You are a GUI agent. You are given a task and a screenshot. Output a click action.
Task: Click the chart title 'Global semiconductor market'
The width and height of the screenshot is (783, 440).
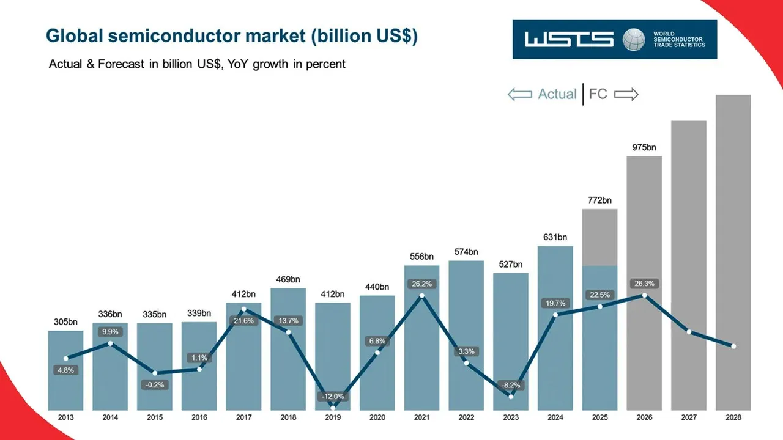click(231, 36)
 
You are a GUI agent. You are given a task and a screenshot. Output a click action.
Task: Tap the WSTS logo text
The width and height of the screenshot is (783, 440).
click(568, 40)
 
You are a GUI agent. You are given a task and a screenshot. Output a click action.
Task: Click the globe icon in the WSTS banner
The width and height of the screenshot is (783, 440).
click(634, 40)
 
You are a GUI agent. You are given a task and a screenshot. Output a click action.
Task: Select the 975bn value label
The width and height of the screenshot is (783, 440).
click(644, 147)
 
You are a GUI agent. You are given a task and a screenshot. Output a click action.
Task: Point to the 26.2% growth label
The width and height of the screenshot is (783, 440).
click(421, 284)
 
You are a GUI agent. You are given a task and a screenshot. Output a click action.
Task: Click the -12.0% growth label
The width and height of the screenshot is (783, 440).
click(333, 397)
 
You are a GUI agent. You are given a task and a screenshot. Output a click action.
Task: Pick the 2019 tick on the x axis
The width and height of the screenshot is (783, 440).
click(333, 417)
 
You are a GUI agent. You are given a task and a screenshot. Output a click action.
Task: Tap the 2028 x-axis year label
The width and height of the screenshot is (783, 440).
click(733, 417)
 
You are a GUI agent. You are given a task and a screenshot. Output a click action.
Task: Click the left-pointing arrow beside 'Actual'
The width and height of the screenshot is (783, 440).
click(519, 94)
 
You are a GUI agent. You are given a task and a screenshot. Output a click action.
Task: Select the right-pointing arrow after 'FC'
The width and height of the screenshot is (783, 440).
click(626, 94)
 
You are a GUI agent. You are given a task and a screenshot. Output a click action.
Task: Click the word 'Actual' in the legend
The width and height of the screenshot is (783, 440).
click(557, 94)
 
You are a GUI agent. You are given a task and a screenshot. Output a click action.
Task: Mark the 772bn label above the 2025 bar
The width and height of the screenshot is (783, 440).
click(599, 200)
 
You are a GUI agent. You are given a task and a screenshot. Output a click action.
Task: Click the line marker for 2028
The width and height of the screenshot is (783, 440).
click(733, 346)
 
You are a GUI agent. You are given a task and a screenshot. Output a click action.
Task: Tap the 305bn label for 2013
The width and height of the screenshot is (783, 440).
click(65, 321)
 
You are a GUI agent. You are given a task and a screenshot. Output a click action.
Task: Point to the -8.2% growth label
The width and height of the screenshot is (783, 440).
click(511, 385)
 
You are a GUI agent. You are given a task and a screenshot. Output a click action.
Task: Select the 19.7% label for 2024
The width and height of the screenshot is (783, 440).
click(555, 303)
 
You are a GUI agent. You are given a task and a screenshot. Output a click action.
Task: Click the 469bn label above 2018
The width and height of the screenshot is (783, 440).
click(288, 279)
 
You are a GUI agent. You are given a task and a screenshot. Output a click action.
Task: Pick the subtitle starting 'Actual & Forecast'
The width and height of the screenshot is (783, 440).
click(197, 64)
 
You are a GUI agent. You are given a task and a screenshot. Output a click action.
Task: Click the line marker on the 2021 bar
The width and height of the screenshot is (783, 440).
click(421, 296)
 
